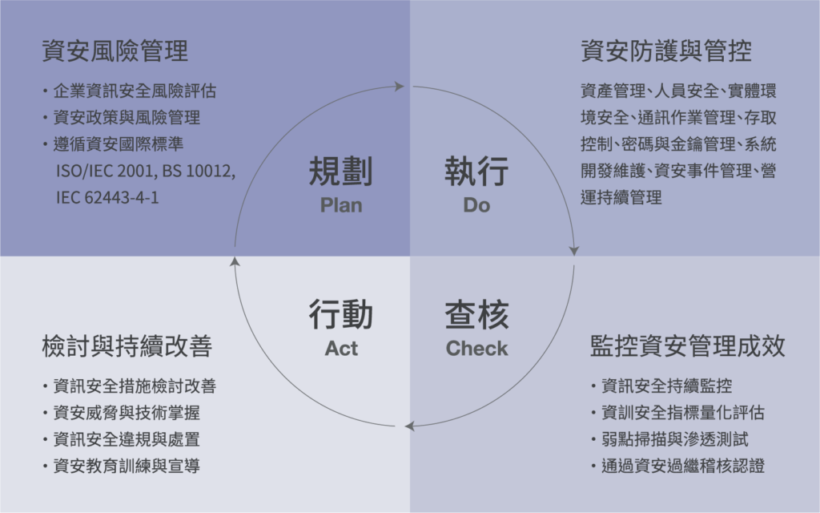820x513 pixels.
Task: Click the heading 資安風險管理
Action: (x=115, y=52)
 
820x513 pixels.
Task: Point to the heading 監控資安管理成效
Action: (x=687, y=346)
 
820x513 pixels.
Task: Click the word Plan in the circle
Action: (x=341, y=205)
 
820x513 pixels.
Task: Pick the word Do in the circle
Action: (x=476, y=205)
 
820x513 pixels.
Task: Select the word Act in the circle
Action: (x=341, y=349)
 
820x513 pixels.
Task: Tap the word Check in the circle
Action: (x=476, y=349)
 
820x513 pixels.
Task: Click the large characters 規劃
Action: (x=341, y=172)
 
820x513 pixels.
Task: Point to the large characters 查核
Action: (x=476, y=315)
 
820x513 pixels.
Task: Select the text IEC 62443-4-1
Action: (x=107, y=197)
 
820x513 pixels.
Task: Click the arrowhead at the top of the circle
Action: (x=400, y=86)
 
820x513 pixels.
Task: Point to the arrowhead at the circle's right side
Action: (x=574, y=250)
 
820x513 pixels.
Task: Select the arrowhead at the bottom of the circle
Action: (x=411, y=426)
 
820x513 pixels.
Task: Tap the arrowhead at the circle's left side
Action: (x=233, y=261)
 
